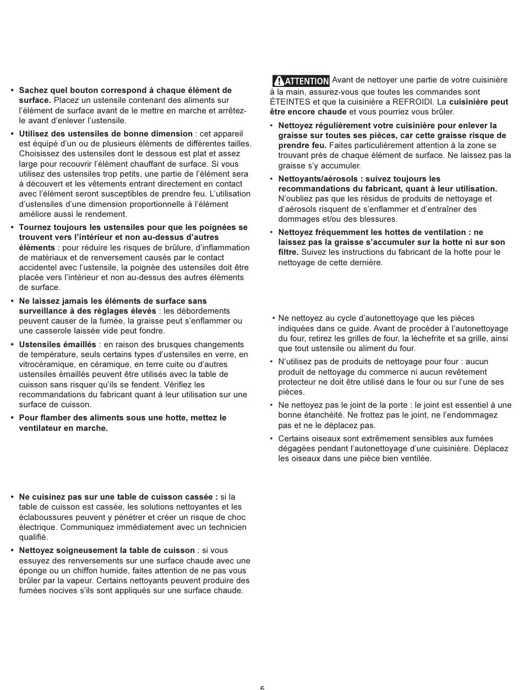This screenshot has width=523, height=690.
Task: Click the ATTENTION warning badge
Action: (x=301, y=81)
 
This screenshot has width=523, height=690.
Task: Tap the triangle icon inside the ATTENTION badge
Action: (x=279, y=81)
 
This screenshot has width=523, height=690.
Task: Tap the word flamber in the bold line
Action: (x=55, y=418)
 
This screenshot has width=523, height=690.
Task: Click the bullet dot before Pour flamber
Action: (x=12, y=418)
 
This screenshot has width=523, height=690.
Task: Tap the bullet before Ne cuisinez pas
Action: (x=12, y=497)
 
